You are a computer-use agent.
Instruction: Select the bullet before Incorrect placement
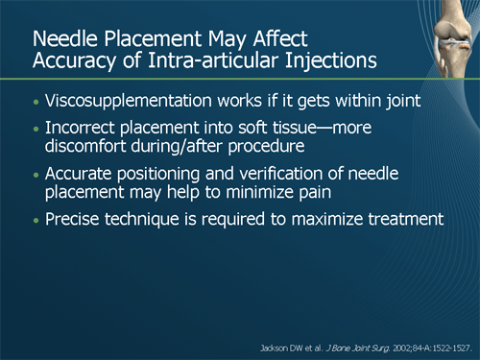(36, 128)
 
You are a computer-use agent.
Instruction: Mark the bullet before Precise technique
(36, 220)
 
